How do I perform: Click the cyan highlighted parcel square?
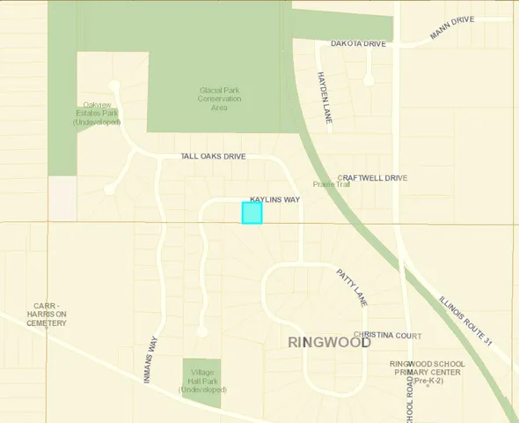click(252, 212)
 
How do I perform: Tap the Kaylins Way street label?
click(274, 200)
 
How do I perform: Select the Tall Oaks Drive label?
click(213, 156)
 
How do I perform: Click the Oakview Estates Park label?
click(96, 113)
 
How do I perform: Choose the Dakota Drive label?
click(358, 43)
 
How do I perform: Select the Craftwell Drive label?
click(372, 178)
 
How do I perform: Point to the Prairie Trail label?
click(332, 184)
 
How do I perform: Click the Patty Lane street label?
click(351, 287)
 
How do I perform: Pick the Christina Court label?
click(388, 336)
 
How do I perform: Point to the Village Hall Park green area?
click(202, 382)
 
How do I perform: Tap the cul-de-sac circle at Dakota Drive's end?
click(369, 80)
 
